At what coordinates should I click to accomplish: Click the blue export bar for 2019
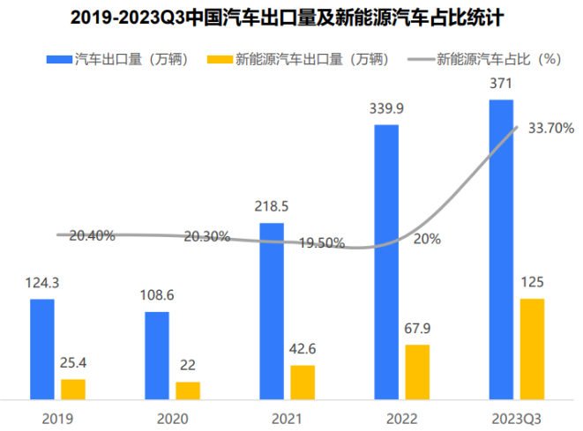click(x=42, y=349)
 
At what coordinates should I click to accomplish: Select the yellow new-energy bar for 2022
click(x=417, y=371)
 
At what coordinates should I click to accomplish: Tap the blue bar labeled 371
click(x=501, y=249)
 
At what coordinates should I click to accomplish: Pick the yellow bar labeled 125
click(x=532, y=348)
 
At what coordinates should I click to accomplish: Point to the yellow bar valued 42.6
click(x=303, y=382)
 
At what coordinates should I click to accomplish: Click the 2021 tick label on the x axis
click(x=287, y=418)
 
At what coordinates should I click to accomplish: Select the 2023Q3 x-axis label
click(x=516, y=418)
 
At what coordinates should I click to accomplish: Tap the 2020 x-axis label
click(x=172, y=418)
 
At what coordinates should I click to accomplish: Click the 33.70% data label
click(x=551, y=128)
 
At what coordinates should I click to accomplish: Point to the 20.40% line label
click(x=91, y=235)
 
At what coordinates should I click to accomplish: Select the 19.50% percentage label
click(x=321, y=244)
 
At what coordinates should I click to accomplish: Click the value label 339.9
click(x=386, y=110)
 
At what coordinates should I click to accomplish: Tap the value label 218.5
click(x=272, y=208)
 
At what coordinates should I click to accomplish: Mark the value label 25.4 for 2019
click(x=73, y=364)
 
